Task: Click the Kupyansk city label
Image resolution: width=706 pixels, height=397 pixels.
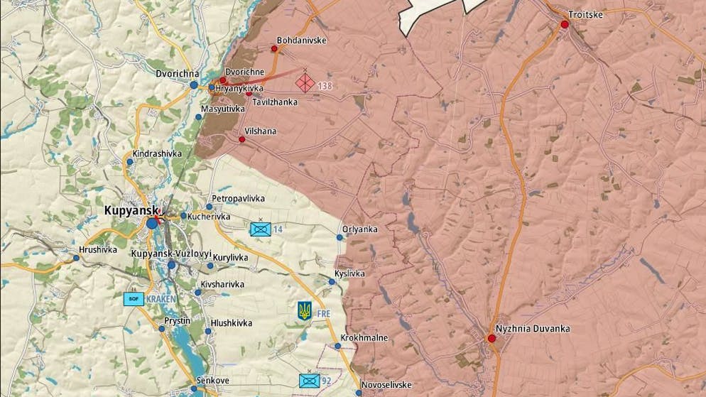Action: (131, 210)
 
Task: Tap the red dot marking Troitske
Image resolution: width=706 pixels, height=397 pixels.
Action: (565, 24)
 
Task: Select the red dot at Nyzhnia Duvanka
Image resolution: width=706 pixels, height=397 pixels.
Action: (492, 339)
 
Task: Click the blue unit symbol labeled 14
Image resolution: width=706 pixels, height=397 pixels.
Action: (260, 229)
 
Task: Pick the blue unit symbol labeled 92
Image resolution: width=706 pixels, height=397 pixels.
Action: (308, 381)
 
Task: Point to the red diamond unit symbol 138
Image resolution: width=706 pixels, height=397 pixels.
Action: (305, 83)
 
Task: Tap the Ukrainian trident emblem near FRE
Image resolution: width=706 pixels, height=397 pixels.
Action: (305, 310)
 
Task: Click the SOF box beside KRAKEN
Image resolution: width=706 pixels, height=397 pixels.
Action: (134, 299)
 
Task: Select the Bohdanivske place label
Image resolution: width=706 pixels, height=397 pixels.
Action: (302, 40)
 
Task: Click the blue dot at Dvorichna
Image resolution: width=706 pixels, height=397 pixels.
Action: (194, 85)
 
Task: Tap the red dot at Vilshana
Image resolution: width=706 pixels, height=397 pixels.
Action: (242, 139)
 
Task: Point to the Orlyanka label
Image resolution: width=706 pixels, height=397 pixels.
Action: (359, 229)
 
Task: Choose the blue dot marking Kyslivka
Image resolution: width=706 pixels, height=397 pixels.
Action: (332, 282)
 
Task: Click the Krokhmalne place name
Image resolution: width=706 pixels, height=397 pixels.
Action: (364, 337)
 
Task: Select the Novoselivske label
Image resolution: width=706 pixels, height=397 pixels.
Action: (386, 385)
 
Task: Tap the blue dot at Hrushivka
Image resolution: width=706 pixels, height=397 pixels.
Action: (76, 258)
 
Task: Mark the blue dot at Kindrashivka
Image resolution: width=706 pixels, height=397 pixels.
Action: (130, 162)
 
